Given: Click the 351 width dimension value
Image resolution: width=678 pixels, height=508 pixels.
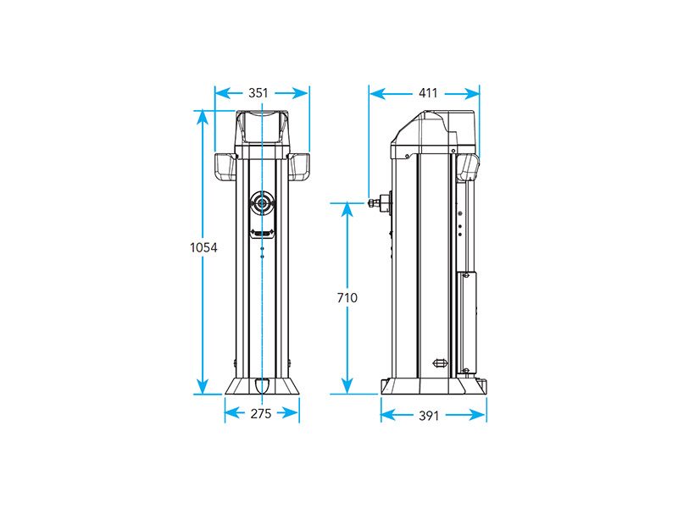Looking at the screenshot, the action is pos(258,93).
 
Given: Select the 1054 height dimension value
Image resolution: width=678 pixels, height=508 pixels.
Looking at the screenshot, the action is pos(203,247).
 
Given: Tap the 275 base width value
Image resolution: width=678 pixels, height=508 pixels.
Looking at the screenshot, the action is pos(261,413).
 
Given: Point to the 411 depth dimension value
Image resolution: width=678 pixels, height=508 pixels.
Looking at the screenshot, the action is pos(428,93).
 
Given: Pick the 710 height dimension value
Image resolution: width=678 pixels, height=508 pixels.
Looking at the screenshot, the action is pos(347,298).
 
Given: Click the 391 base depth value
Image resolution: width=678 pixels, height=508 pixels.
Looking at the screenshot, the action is pos(429,416).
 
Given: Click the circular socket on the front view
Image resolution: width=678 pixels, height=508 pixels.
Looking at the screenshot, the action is pos(262,202).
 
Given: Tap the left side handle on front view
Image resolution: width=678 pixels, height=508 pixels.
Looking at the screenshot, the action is pos(225,166).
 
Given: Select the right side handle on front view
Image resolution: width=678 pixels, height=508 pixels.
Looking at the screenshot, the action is pos(299,166).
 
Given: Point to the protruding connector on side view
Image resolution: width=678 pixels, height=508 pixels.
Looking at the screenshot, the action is pos(380,202).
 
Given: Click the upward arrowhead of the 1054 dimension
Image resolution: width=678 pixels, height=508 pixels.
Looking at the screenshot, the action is pos(202,118).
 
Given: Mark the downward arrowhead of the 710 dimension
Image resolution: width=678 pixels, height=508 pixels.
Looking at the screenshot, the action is pos(347,386).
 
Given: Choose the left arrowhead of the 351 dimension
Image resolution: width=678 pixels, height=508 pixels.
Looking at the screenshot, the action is pos(223,93).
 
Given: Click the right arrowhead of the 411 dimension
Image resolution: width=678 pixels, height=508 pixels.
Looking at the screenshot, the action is pos(472,93).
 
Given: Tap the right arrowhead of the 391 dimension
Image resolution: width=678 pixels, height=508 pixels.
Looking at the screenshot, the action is pos(478,415).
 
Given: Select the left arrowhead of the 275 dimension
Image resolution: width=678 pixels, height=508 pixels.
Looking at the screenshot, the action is pos(232,413).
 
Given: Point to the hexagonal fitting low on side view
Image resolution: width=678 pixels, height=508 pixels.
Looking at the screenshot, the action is pos(440,363).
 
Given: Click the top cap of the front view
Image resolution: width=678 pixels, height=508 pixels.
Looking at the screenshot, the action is pos(262,129).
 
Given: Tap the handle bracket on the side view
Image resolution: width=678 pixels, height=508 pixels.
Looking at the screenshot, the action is pos(469,167).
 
